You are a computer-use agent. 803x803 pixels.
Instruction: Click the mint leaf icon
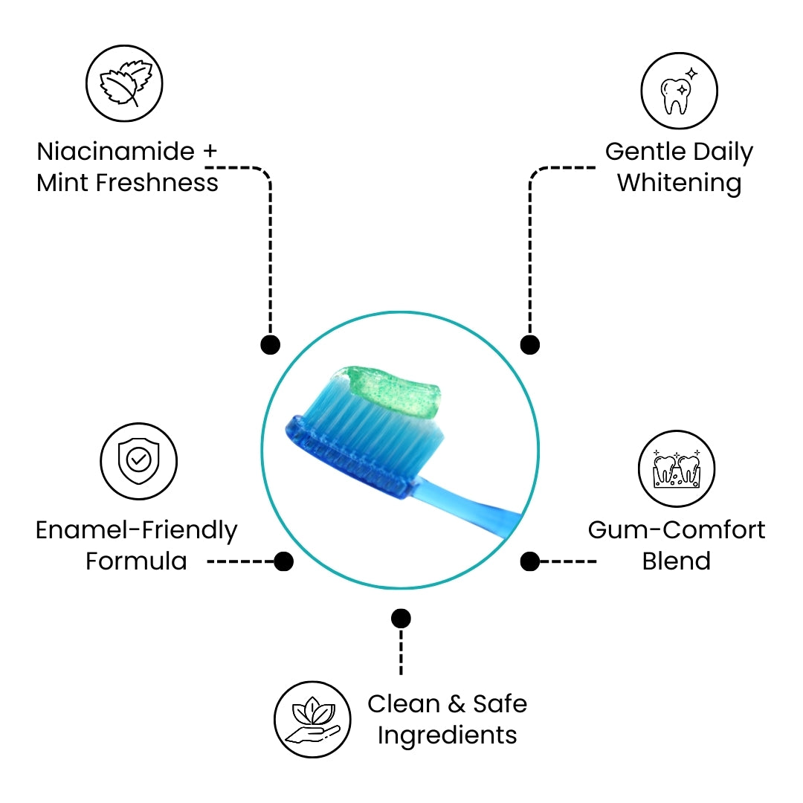pyautogui.click(x=125, y=83)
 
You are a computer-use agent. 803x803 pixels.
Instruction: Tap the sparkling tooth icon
pyautogui.click(x=679, y=91)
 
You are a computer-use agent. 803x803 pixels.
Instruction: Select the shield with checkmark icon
pyautogui.click(x=138, y=461)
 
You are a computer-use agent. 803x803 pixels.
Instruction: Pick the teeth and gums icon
pyautogui.click(x=676, y=469)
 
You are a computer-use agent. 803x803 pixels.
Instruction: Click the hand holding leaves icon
pyautogui.click(x=312, y=719)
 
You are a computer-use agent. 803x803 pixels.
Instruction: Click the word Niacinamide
pyautogui.click(x=115, y=152)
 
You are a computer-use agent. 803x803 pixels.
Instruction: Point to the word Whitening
pyautogui.click(x=679, y=183)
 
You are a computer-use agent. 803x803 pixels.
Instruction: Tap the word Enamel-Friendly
pyautogui.click(x=136, y=531)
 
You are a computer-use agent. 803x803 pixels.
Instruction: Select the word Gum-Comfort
pyautogui.click(x=676, y=530)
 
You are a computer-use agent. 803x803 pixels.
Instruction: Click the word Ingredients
pyautogui.click(x=447, y=735)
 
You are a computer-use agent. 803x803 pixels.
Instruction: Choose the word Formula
pyautogui.click(x=136, y=561)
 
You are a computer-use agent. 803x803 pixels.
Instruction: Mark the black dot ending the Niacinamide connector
pyautogui.click(x=271, y=344)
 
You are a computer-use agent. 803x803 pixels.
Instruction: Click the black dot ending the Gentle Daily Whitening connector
pyautogui.click(x=529, y=344)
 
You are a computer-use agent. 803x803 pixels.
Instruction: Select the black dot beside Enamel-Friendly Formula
pyautogui.click(x=283, y=561)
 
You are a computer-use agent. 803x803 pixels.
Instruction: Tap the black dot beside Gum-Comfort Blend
pyautogui.click(x=529, y=561)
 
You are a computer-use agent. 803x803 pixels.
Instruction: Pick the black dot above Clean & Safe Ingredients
pyautogui.click(x=401, y=618)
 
